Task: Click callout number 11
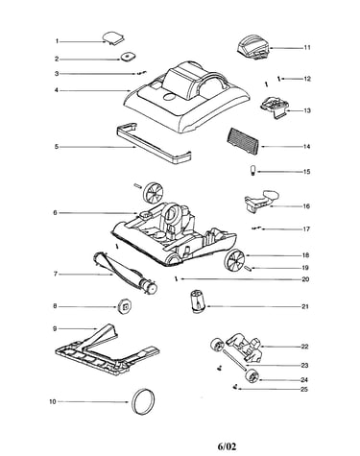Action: (x=307, y=48)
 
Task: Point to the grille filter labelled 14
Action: (x=244, y=140)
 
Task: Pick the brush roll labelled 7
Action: (x=125, y=273)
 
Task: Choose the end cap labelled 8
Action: (x=125, y=306)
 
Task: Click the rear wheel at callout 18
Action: (x=234, y=261)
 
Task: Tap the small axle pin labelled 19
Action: (x=249, y=268)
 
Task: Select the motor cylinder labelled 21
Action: (x=199, y=301)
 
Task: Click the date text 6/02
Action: (x=227, y=446)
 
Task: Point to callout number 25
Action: (x=304, y=390)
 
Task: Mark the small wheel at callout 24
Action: (x=252, y=376)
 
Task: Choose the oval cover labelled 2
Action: (x=128, y=57)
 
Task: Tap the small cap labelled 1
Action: (x=113, y=38)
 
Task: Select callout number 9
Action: (x=55, y=328)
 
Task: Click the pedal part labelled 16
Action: (x=261, y=201)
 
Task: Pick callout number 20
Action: (x=305, y=279)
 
